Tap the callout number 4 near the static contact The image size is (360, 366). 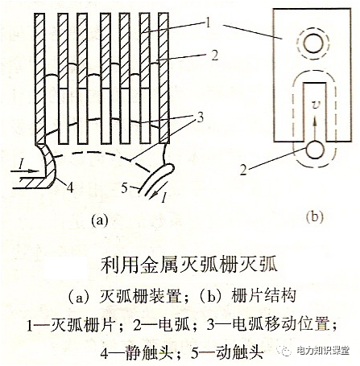click(71, 190)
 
